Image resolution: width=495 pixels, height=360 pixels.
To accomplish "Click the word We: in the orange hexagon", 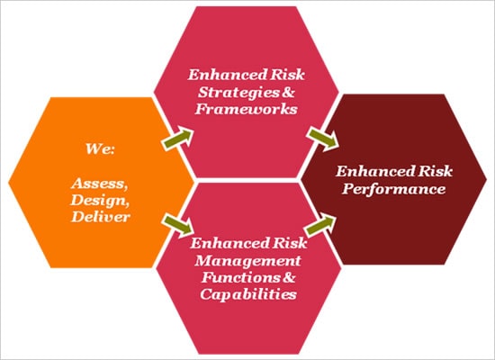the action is pos(100,148).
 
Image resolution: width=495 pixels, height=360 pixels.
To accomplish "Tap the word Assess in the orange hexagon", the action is pos(100,184).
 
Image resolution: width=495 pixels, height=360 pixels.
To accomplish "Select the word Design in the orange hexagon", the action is pos(100,200).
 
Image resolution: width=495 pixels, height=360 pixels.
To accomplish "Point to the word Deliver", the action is pos(101,217).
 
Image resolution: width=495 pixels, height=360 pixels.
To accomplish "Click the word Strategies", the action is pos(239,92).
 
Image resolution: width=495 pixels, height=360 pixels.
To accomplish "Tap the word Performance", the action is pos(393,189).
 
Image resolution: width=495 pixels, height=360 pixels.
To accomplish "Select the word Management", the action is pos(247,261).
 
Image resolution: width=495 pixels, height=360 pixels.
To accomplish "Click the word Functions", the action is pos(241,277).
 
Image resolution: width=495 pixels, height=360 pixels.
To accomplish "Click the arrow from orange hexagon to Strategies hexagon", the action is pos(177,139).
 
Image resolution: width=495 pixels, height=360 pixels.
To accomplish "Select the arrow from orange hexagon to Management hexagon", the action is pos(177,226).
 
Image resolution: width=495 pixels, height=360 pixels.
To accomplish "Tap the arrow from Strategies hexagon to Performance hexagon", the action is pos(322,139).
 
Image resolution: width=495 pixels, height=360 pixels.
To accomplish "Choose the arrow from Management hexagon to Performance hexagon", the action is pos(320,225).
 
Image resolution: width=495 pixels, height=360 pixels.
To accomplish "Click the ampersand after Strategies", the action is pos(288,92).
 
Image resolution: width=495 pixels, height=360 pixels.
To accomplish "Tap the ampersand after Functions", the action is pos(289,277).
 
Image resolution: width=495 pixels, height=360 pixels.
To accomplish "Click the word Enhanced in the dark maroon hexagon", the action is pos(375,172).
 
